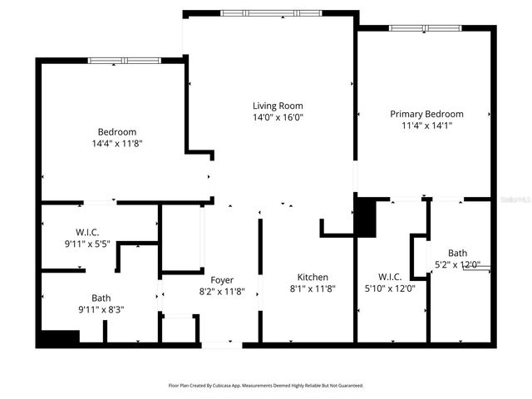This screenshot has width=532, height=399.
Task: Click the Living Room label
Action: (278, 106)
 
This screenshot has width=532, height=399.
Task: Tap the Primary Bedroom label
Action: (426, 114)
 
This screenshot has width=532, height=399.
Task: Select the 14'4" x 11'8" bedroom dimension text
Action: (116, 144)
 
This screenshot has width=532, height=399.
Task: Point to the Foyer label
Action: (221, 280)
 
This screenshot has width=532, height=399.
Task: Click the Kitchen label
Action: (313, 277)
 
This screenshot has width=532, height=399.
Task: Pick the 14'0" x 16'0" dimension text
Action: (278, 118)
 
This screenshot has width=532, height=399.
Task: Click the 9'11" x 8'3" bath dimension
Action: (101, 310)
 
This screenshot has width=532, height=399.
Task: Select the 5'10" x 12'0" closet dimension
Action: (389, 288)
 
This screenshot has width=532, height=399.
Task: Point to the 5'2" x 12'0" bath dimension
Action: (457, 265)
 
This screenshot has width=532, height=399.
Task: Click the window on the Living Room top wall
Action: (268, 12)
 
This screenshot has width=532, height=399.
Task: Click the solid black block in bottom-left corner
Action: (58, 338)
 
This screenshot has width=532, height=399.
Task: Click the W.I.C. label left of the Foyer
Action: (87, 232)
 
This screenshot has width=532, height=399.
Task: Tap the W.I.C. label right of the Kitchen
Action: (389, 277)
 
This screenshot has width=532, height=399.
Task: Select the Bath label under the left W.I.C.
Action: (101, 298)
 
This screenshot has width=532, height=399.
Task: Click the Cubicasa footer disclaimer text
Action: (266, 386)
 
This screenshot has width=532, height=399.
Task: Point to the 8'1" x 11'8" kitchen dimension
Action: (313, 289)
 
